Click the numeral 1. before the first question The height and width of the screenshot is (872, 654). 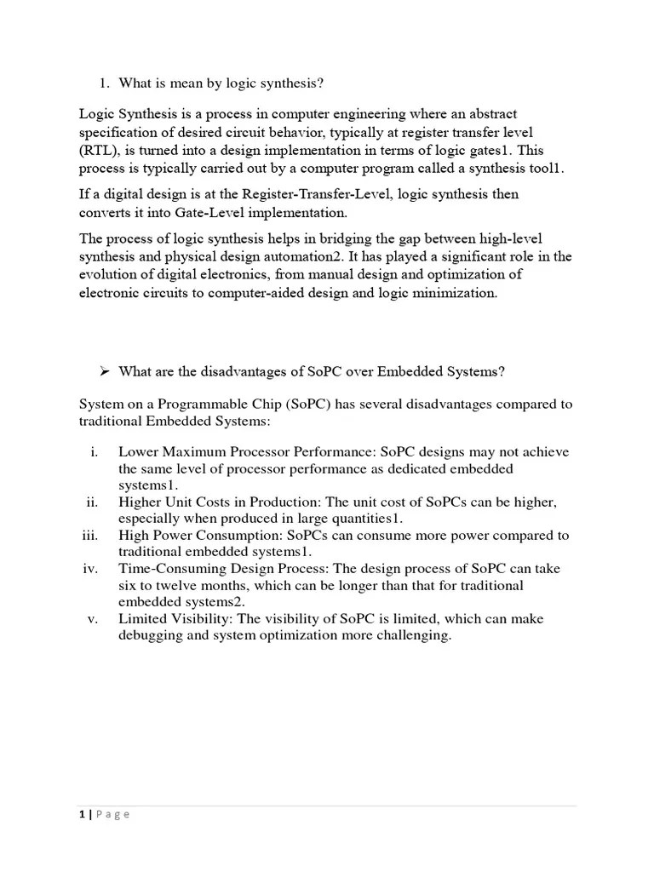[x=105, y=83]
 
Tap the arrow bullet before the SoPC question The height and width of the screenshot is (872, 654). [x=105, y=371]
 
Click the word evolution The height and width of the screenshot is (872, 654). [x=109, y=275]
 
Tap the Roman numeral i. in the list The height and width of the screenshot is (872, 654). [x=95, y=452]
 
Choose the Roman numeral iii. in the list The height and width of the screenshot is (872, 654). [x=90, y=536]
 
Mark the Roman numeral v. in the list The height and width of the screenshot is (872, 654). [x=94, y=619]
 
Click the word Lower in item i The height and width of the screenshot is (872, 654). [x=138, y=452]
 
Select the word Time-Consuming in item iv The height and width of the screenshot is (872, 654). [x=169, y=569]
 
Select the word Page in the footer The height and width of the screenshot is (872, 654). [x=112, y=814]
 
